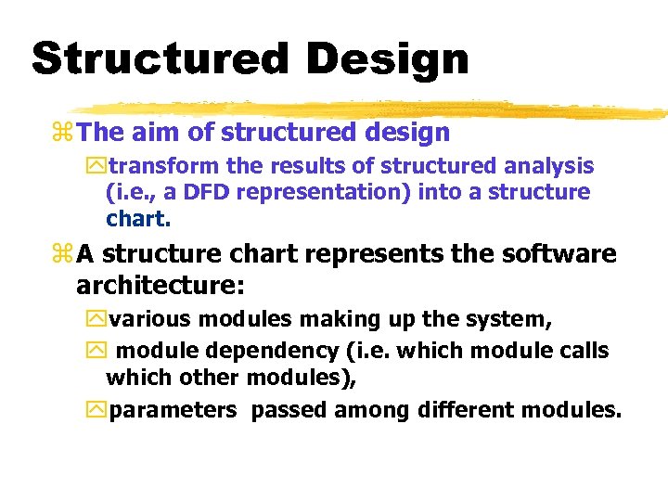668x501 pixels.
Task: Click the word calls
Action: coord(581,351)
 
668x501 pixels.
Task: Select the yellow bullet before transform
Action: coord(97,167)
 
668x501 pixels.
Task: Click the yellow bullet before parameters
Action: coord(97,410)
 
